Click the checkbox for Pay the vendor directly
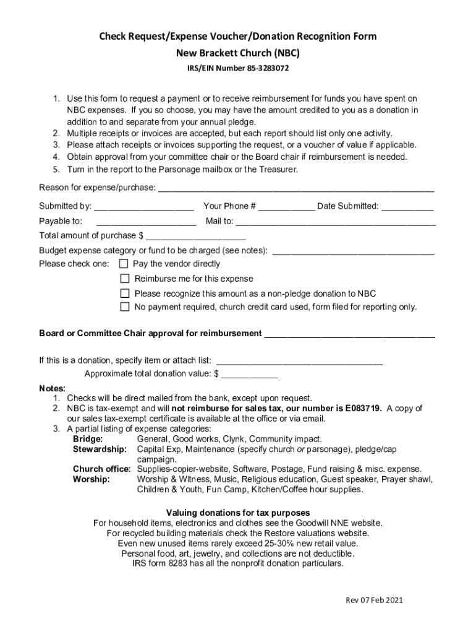pyautogui.click(x=124, y=264)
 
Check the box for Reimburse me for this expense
pyautogui.click(x=125, y=279)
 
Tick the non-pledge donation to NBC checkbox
pyautogui.click(x=125, y=293)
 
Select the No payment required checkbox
pyautogui.click(x=125, y=306)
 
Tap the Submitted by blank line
pyautogui.click(x=144, y=207)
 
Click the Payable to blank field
pyautogui.click(x=147, y=222)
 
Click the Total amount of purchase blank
pyautogui.click(x=195, y=237)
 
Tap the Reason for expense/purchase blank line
pyautogui.click(x=297, y=188)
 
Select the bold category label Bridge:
pyautogui.click(x=88, y=439)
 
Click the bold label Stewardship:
pyautogui.click(x=100, y=448)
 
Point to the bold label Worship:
pyautogui.click(x=91, y=479)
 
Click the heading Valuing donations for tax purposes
pyautogui.click(x=238, y=513)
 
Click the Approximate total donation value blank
pyautogui.click(x=250, y=374)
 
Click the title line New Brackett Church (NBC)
pyautogui.click(x=238, y=53)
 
